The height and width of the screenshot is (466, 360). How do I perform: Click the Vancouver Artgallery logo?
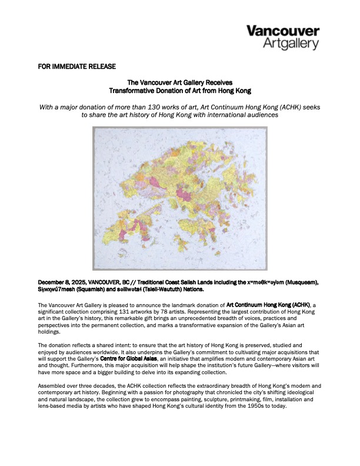coord(282,36)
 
